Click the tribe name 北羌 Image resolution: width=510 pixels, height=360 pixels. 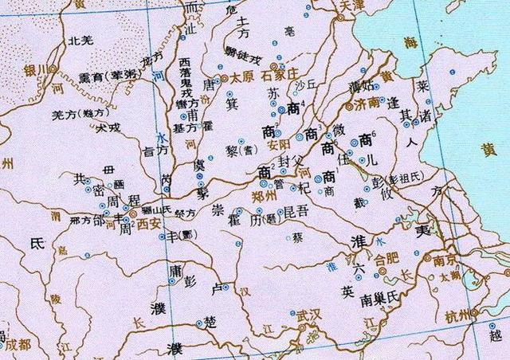(x=81, y=41)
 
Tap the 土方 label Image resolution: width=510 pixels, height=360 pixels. (x=246, y=37)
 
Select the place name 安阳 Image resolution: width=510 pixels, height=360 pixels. (x=279, y=145)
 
